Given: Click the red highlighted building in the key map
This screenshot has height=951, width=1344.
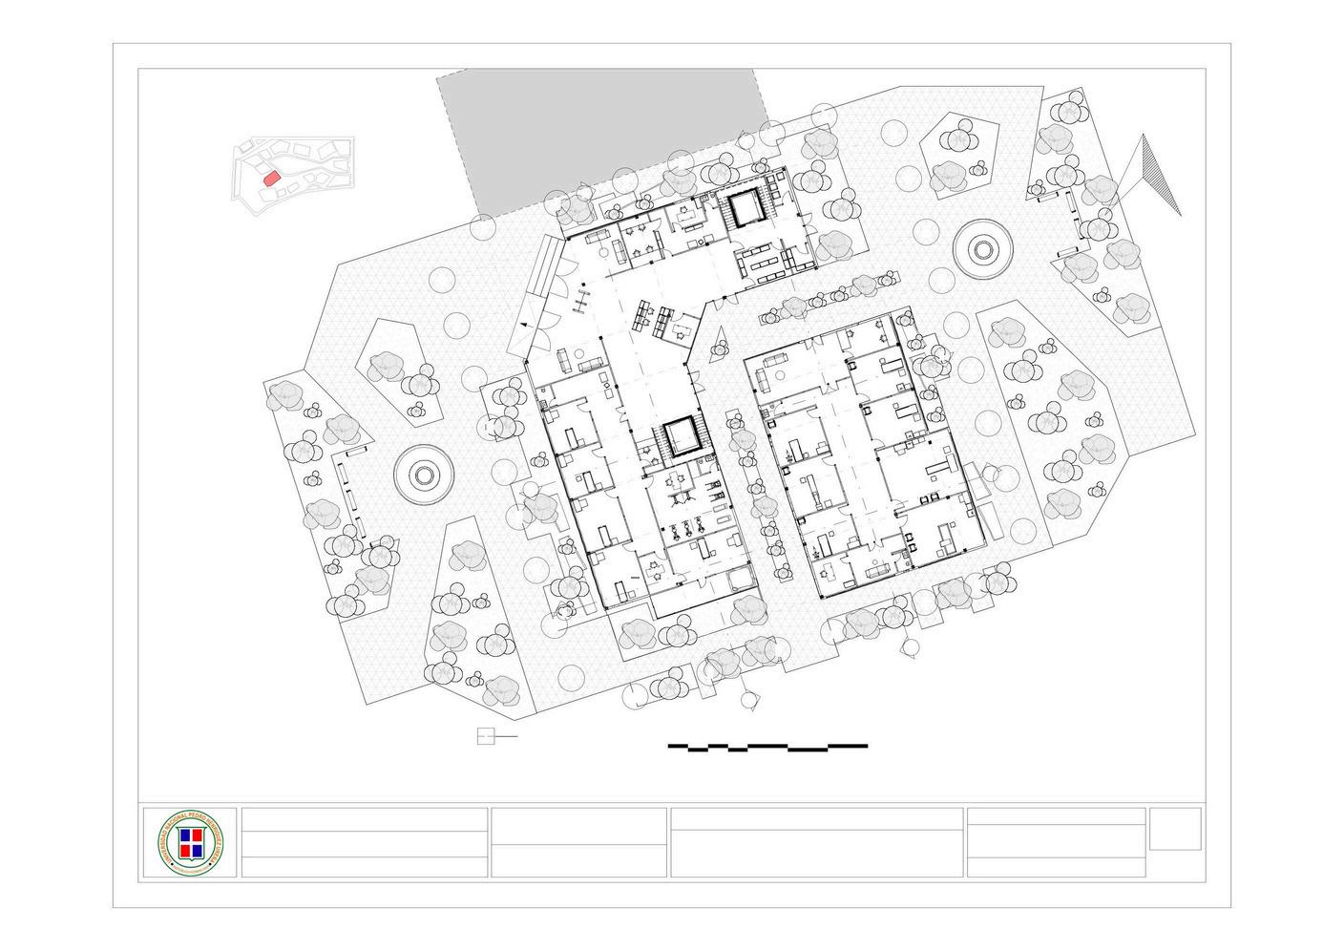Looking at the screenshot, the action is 270,177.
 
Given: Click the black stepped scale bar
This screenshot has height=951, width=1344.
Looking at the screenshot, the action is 767,746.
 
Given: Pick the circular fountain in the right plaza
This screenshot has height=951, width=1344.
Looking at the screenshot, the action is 982,249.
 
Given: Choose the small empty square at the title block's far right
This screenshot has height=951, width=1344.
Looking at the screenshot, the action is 1175,828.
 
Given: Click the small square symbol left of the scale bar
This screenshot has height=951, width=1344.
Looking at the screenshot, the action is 486,736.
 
